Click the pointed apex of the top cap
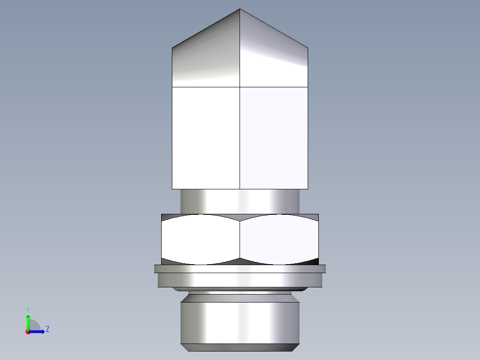tap(240, 9)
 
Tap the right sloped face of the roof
tap(274, 58)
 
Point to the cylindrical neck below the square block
tap(240, 201)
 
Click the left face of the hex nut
tap(200, 240)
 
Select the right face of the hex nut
tap(279, 240)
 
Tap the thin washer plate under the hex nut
tap(240, 269)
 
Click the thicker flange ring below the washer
tap(240, 280)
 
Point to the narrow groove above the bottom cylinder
tap(240, 294)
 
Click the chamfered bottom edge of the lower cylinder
tap(240, 347)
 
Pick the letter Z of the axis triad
tap(47, 329)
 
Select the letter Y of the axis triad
tap(28, 309)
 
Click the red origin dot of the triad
tap(28, 332)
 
